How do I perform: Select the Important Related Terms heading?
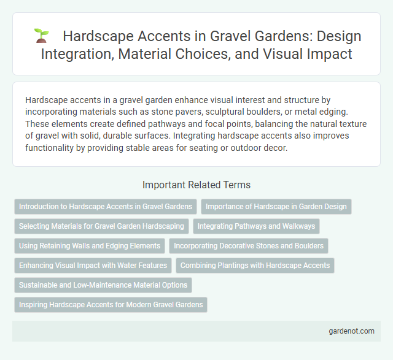(x=196, y=184)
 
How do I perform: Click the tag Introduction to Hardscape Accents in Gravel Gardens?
(x=105, y=207)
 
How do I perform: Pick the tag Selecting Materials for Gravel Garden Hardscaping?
(x=101, y=226)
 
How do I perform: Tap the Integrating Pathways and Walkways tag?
(x=257, y=226)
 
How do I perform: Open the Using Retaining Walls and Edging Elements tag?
(x=90, y=246)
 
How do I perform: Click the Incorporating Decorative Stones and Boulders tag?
(x=249, y=246)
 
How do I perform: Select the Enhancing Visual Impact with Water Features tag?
(x=93, y=266)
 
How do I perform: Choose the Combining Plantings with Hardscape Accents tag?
(x=255, y=266)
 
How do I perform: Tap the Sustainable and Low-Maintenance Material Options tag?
(x=103, y=285)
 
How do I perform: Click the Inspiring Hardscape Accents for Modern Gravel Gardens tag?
(x=111, y=305)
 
